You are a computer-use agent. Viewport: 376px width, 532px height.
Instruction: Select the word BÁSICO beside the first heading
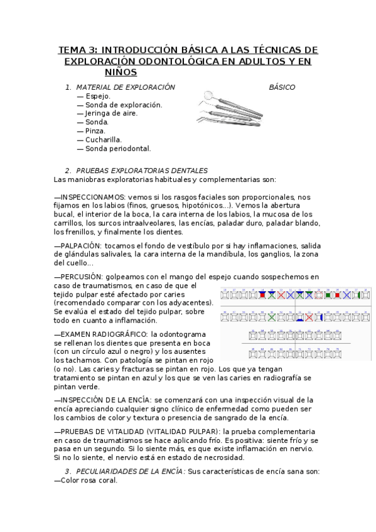[282, 87]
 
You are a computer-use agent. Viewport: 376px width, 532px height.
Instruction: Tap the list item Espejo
[98, 96]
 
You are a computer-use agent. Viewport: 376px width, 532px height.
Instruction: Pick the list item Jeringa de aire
[111, 114]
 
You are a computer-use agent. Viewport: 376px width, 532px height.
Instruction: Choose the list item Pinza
[95, 131]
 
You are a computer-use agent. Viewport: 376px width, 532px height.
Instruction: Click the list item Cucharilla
[104, 140]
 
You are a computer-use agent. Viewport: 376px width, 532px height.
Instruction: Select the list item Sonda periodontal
[118, 149]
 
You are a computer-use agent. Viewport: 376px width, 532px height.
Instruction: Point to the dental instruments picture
[229, 107]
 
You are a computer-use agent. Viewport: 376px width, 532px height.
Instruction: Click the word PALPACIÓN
[80, 246]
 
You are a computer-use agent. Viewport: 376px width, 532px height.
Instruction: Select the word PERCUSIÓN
[80, 277]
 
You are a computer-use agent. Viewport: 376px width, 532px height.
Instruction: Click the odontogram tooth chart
[294, 324]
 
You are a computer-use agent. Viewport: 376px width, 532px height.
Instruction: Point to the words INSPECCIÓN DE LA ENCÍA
[105, 400]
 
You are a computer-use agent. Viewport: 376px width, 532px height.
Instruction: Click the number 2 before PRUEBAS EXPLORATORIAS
[67, 171]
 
